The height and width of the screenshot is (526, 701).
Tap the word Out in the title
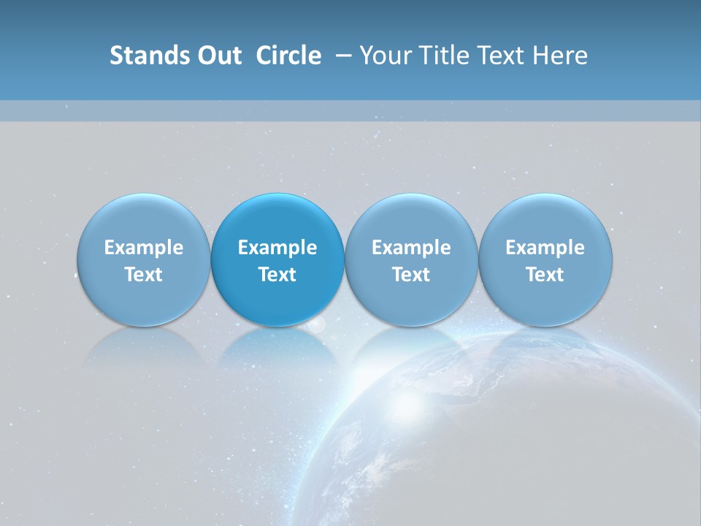218,56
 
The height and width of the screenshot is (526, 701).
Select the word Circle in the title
288,56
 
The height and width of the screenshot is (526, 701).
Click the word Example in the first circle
144,248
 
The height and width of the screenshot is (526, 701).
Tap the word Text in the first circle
144,275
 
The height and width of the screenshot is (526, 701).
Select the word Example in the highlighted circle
277,248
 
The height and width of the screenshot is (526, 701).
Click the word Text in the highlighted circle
277,275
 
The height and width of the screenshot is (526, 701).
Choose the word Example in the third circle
411,248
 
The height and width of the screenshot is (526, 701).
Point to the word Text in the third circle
411,275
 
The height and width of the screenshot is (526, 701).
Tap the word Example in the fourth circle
545,248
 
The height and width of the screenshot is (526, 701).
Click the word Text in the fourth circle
545,275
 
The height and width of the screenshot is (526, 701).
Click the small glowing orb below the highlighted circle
315,324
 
